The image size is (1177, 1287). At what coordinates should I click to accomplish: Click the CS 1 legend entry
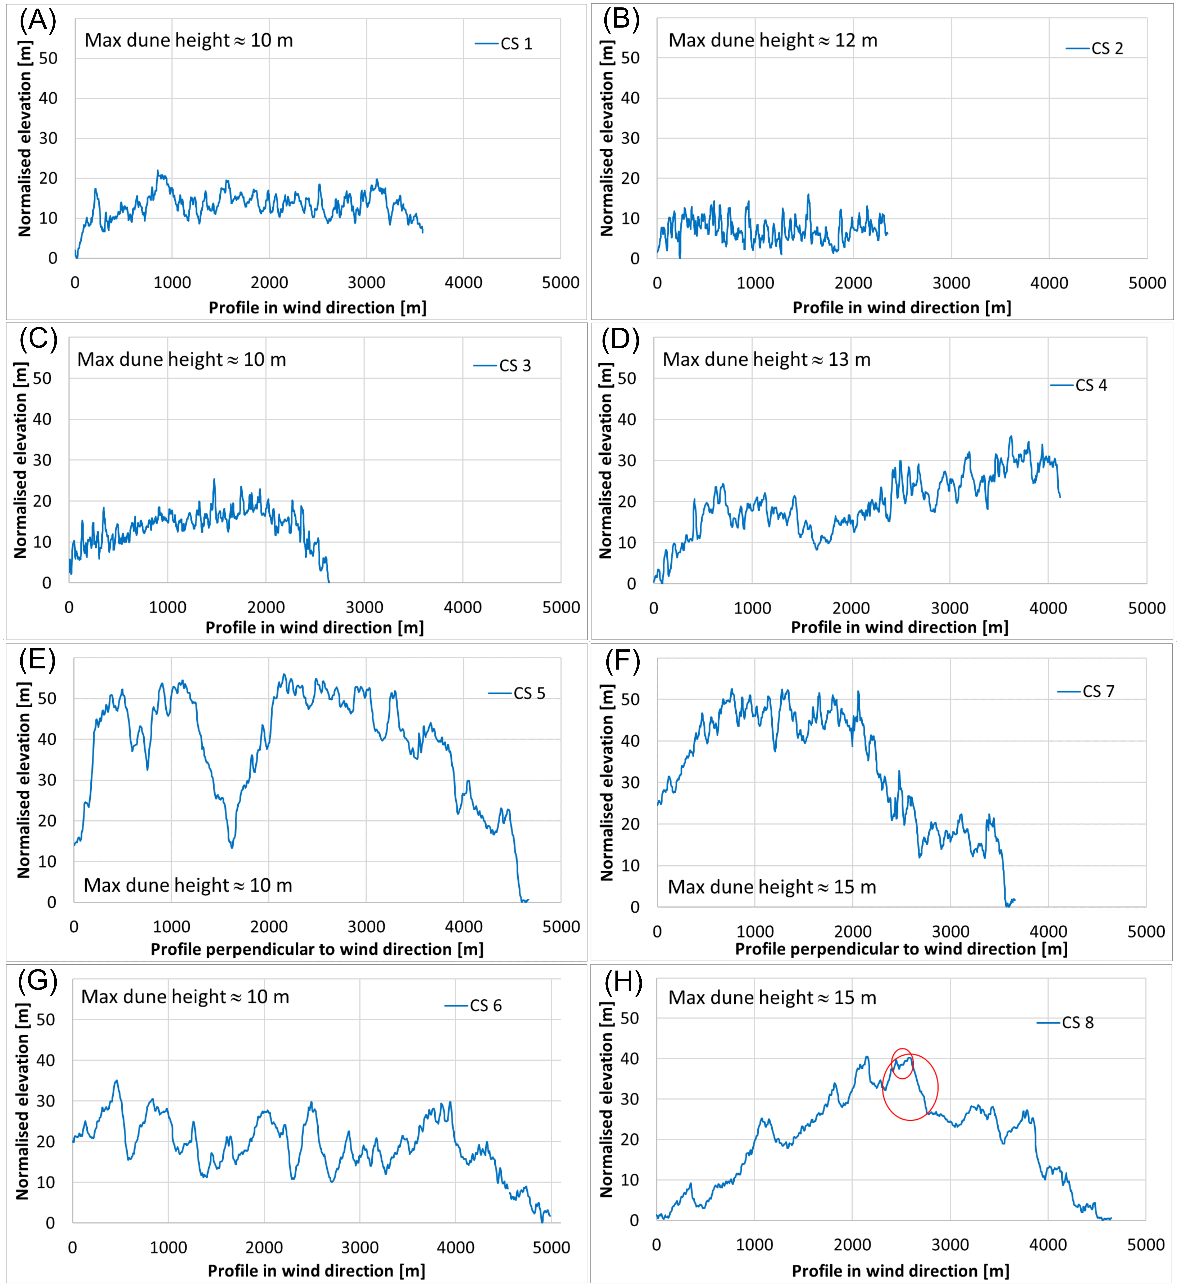click(x=504, y=43)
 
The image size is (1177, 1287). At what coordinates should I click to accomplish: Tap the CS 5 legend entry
click(x=517, y=693)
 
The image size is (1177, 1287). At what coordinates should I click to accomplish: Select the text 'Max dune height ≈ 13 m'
click(x=766, y=359)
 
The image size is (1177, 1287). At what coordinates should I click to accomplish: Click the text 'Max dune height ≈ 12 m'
click(x=773, y=40)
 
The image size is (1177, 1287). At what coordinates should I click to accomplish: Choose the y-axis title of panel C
click(x=21, y=460)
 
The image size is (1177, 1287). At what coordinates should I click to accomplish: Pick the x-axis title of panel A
click(x=317, y=308)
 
